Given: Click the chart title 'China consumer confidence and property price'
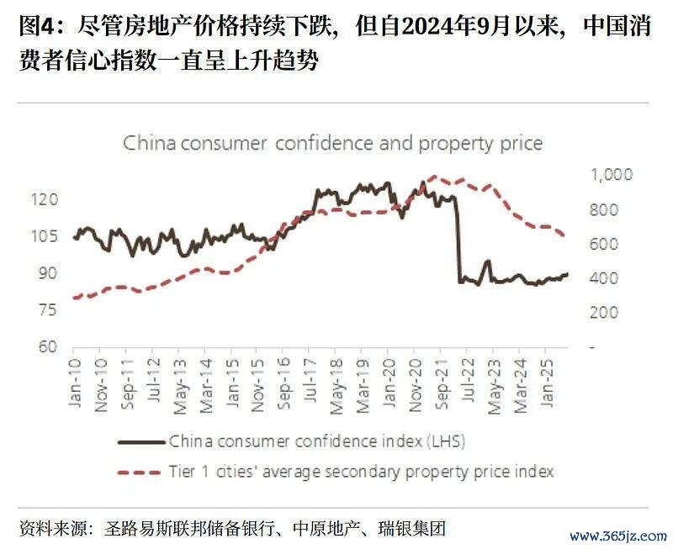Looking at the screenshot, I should tap(332, 143).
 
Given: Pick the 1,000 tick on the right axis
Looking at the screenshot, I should tap(611, 175).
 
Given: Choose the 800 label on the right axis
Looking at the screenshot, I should tap(604, 209).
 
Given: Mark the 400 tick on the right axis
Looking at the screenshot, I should tap(604, 278).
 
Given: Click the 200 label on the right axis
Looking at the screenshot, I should tap(604, 313).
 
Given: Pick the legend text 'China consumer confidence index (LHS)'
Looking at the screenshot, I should tap(317, 441).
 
